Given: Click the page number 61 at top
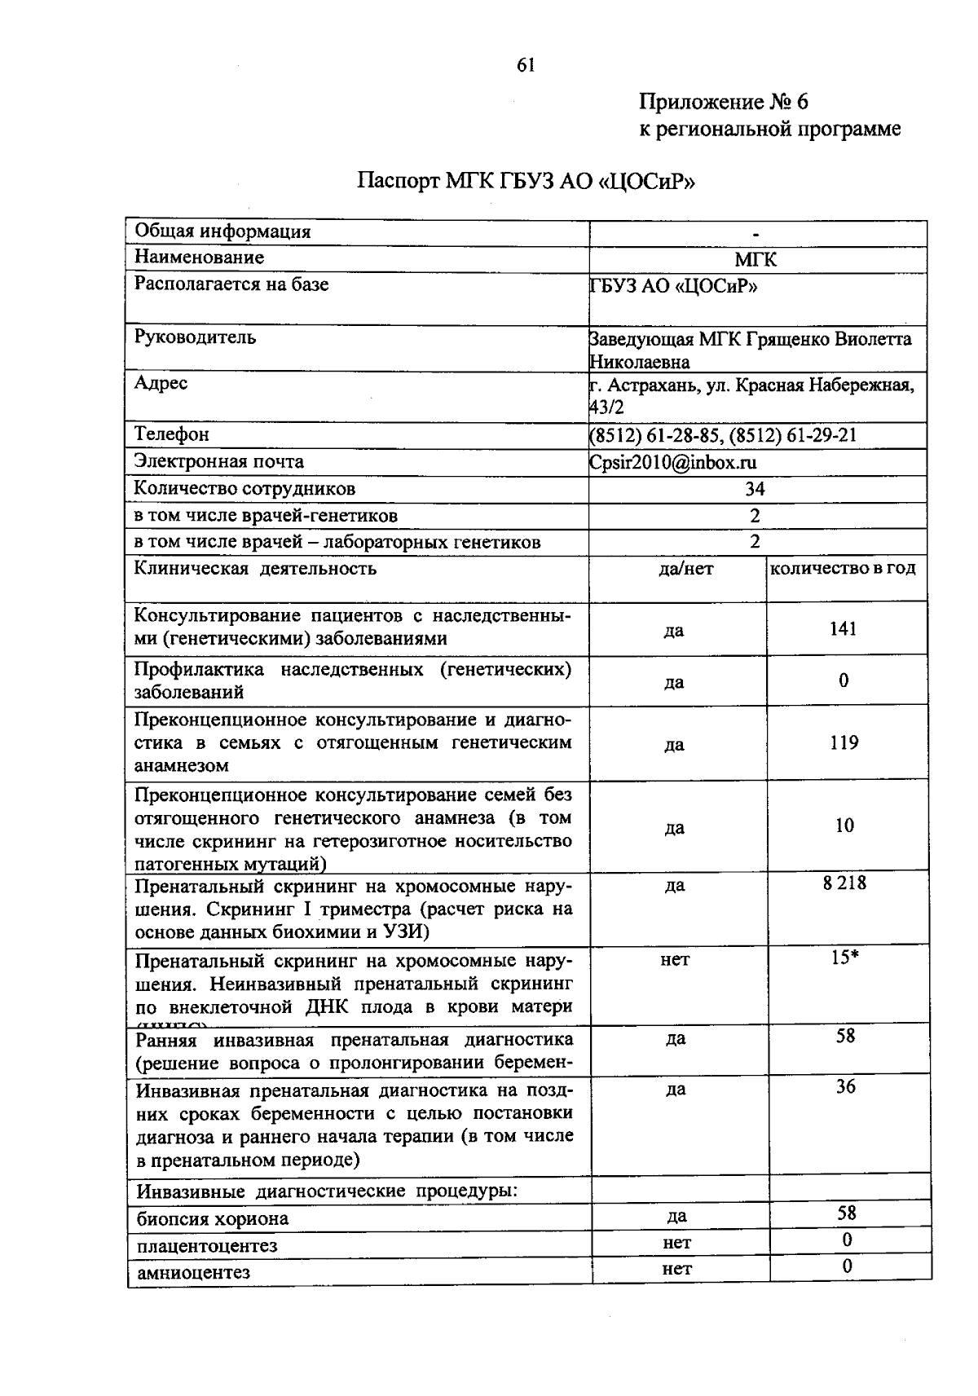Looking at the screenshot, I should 526,66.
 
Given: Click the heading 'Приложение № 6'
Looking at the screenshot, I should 723,102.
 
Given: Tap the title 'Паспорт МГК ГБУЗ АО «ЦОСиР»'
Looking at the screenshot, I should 526,180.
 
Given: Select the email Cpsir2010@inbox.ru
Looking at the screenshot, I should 673,462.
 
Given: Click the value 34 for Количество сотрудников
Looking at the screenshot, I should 755,489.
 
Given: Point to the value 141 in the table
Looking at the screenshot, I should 844,628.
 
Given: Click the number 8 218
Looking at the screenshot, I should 844,883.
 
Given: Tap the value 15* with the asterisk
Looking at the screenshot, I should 845,958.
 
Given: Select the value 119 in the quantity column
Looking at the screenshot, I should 844,742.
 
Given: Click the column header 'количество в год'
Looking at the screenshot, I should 843,568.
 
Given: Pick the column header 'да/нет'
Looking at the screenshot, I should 685,569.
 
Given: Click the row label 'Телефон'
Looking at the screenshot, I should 171,434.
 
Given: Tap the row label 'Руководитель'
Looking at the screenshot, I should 195,337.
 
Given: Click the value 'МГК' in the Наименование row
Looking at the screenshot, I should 756,259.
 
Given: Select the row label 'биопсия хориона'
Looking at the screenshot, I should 213,1219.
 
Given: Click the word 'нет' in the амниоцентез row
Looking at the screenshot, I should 676,1268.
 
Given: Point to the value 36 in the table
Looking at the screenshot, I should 846,1086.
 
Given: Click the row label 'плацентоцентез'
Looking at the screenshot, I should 207,1246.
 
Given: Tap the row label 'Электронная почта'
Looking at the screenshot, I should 218,461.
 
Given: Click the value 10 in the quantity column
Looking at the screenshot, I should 844,826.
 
